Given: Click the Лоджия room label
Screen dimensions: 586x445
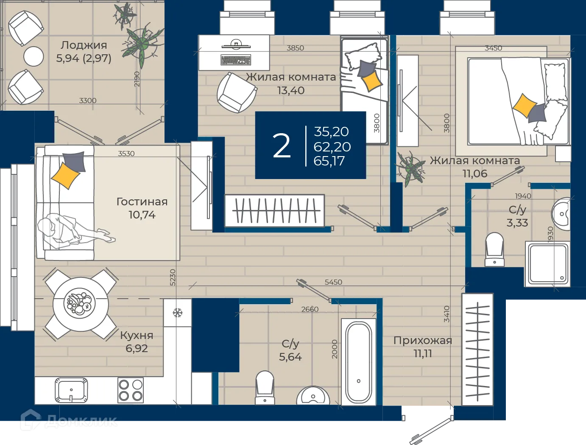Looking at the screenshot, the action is coord(84,45).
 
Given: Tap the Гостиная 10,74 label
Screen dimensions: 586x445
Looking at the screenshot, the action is coord(142,208).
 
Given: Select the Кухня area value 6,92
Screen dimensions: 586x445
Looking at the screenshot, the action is coord(137,348).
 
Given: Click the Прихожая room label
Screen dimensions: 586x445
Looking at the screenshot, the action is coord(423,341).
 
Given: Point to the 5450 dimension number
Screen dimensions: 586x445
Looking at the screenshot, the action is coord(333,282).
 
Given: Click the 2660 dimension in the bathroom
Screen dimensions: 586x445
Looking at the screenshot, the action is coord(310,309).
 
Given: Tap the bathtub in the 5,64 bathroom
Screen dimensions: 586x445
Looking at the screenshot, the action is coord(358,362).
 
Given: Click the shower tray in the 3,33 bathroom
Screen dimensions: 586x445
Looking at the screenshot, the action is coord(547,264).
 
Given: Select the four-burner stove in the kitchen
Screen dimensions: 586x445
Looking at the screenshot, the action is coord(131,390).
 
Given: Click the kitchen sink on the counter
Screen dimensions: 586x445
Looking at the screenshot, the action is coord(71,390).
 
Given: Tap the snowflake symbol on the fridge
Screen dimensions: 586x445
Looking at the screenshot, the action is coord(177,313).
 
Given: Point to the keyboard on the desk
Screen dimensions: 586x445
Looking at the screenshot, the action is coord(236,60).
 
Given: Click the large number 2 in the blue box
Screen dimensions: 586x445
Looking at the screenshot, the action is coord(281,146).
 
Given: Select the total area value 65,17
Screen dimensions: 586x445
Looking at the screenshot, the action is coord(329,161).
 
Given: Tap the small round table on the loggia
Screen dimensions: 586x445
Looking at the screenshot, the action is coord(33,56).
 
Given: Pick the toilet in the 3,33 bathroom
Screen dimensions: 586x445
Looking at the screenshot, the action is coord(494,249).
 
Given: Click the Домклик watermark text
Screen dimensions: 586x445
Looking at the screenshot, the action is coord(81,422).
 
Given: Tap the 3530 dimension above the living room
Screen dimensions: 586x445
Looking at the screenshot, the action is coord(126,154).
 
